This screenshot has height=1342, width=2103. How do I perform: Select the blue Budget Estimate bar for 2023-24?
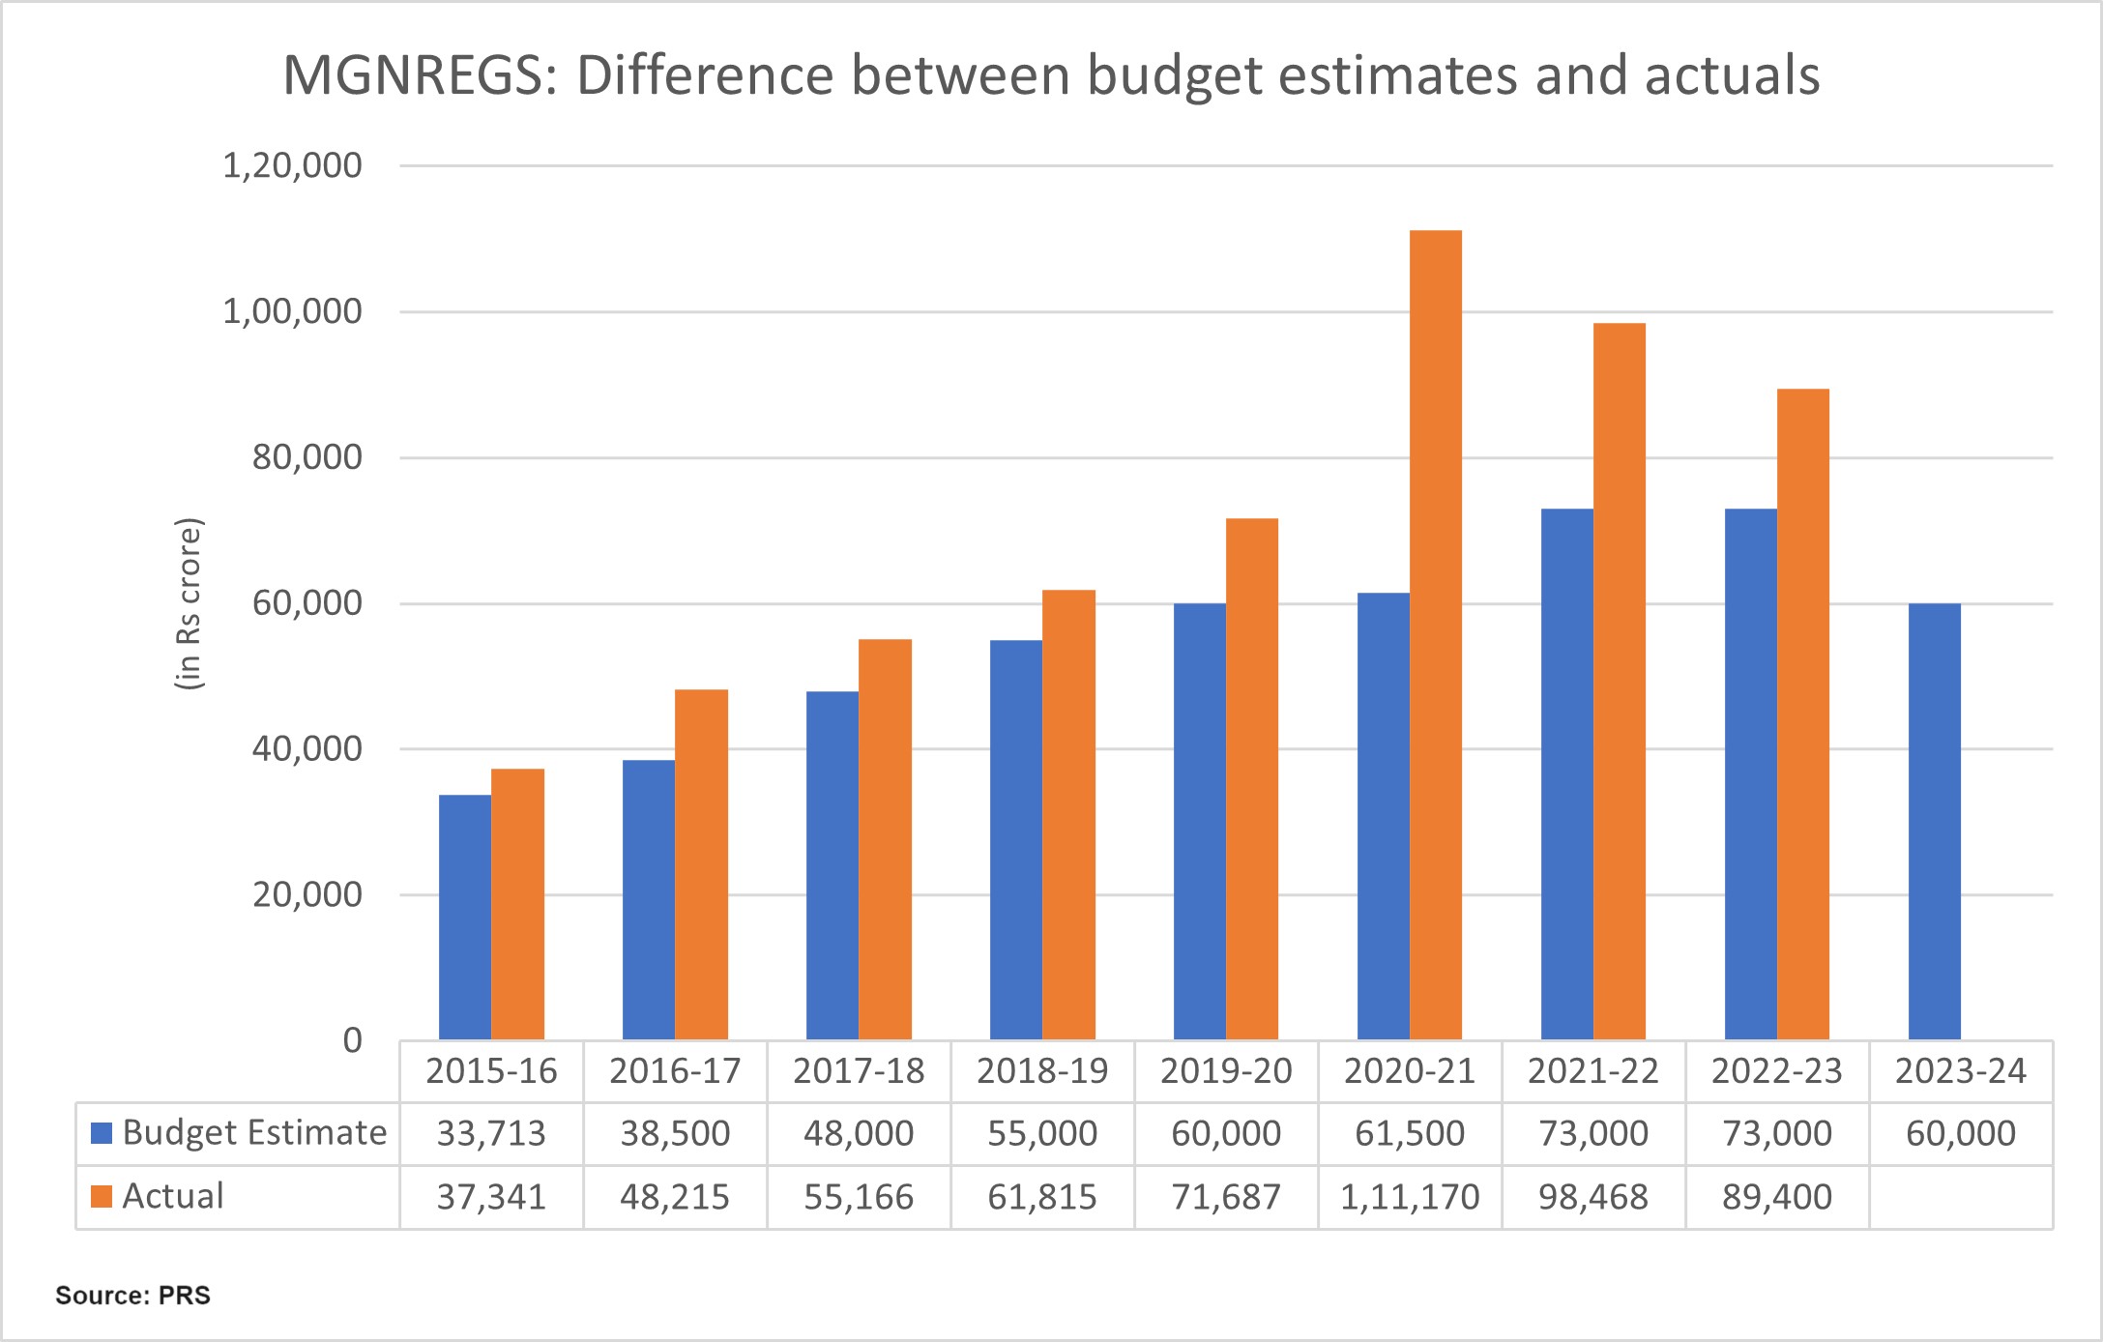point(1934,822)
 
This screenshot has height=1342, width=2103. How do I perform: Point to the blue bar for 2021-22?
point(1566,773)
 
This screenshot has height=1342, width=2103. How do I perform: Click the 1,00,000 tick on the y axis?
point(292,312)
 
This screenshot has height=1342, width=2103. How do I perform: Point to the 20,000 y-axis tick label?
point(307,895)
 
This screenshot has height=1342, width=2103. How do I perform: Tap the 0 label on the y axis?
point(352,1041)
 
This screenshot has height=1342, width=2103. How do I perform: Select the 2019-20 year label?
point(1226,1071)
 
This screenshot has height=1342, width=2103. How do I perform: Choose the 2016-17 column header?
point(675,1071)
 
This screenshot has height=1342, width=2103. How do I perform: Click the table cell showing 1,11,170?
point(1410,1197)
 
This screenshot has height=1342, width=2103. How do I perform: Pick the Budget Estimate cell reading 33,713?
point(491,1133)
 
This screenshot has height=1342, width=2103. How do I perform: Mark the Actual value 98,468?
point(1593,1197)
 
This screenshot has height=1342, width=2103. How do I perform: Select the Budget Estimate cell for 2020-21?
point(1410,1133)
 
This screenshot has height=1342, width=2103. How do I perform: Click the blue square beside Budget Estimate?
point(102,1133)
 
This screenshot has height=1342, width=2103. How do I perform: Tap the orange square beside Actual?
point(102,1197)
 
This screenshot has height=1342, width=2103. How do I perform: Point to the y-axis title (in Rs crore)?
point(189,604)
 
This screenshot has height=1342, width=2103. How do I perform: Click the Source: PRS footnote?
point(132,1296)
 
